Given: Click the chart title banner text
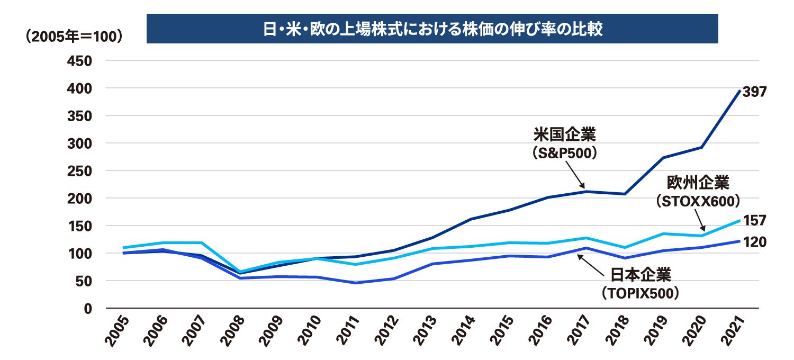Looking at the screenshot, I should [x=432, y=29].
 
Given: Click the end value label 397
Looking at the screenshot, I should [x=754, y=92].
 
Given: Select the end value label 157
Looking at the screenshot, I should [x=754, y=220].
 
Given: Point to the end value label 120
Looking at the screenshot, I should [x=754, y=242].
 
